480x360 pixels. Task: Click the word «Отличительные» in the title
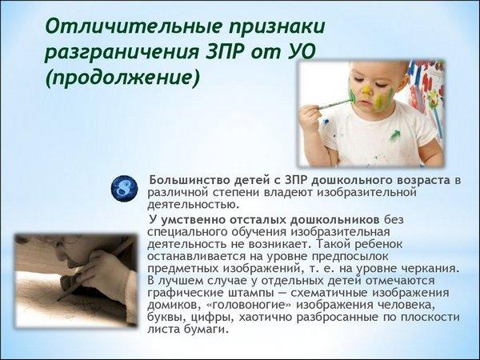[134, 26]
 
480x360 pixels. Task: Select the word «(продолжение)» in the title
[122, 78]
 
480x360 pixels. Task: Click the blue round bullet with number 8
[124, 189]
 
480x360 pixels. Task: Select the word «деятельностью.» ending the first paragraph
[193, 204]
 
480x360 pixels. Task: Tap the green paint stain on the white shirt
[394, 135]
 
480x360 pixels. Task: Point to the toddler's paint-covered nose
[366, 91]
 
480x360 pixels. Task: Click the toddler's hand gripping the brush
[310, 116]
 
